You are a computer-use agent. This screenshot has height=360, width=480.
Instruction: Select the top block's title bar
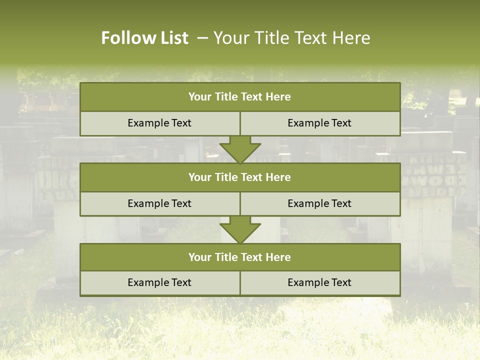(x=240, y=97)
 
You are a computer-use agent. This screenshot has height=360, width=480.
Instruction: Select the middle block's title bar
(x=240, y=177)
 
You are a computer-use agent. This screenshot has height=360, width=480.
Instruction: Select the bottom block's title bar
(x=240, y=257)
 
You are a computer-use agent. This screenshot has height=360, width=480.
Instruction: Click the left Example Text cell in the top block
(x=160, y=123)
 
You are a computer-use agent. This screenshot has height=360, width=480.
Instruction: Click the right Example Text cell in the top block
(x=320, y=123)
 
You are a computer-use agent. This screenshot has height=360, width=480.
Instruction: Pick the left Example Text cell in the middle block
(x=160, y=204)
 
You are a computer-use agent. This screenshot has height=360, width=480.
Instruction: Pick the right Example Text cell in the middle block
(x=320, y=204)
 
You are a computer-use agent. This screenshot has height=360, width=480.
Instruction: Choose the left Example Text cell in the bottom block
(x=160, y=283)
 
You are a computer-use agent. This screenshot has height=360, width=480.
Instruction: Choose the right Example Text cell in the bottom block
(x=320, y=283)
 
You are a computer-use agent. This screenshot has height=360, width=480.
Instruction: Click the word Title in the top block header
(x=225, y=97)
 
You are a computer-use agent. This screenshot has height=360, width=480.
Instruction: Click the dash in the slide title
(x=202, y=38)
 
